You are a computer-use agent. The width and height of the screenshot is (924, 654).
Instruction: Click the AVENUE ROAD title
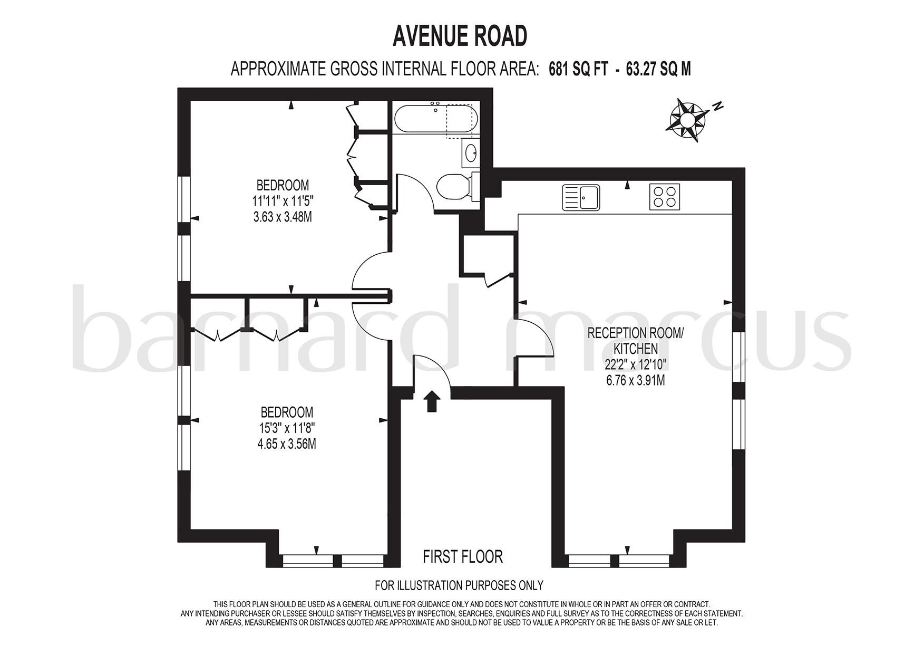point(460,36)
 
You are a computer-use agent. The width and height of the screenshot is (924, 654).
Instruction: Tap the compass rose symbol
point(687,120)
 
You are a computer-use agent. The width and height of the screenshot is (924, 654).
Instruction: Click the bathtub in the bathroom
point(435,119)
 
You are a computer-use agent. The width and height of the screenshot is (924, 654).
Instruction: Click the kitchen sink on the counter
point(581,197)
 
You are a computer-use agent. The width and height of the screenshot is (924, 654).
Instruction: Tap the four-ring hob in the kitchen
point(664,197)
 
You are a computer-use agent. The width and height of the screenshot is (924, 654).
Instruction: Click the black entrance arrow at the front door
point(432,401)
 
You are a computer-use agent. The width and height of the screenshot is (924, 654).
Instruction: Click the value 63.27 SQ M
point(658,69)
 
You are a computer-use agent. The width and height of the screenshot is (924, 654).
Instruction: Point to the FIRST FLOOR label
point(463,556)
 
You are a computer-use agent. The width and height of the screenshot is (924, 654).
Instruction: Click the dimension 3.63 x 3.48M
point(283,216)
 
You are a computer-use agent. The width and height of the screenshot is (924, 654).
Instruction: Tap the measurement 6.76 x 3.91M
point(635,380)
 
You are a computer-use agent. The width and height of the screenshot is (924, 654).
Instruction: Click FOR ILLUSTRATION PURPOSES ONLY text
point(459,585)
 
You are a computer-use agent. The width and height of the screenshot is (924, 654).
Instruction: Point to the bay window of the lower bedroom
point(333,560)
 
